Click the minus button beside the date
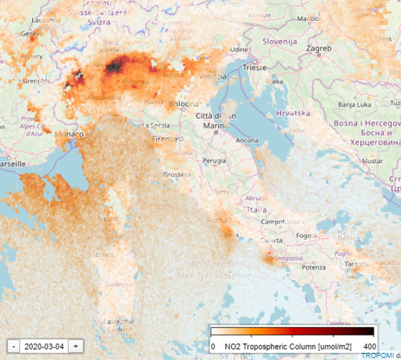click(13, 346)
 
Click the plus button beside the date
click(76, 346)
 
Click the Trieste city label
click(255, 67)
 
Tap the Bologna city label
click(184, 104)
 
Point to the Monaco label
click(70, 134)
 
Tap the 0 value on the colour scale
click(213, 346)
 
